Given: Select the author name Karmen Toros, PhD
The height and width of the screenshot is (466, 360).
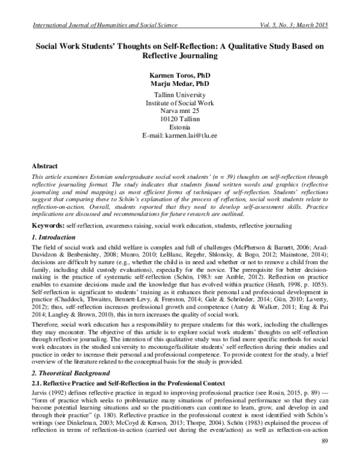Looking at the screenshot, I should point(179,76).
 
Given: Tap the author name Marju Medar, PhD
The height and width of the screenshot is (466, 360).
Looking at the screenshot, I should point(179,85).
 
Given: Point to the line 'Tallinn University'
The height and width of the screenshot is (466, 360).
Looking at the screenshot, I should point(179,95).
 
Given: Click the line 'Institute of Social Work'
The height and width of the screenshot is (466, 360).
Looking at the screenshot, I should point(179,104).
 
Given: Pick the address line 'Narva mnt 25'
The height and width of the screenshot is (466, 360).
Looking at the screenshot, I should point(179,112).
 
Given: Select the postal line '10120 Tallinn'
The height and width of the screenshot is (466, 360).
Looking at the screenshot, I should point(179,121).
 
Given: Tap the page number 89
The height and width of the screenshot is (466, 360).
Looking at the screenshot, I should point(326,442).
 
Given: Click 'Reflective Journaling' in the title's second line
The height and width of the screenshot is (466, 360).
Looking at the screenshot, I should point(179,56).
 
